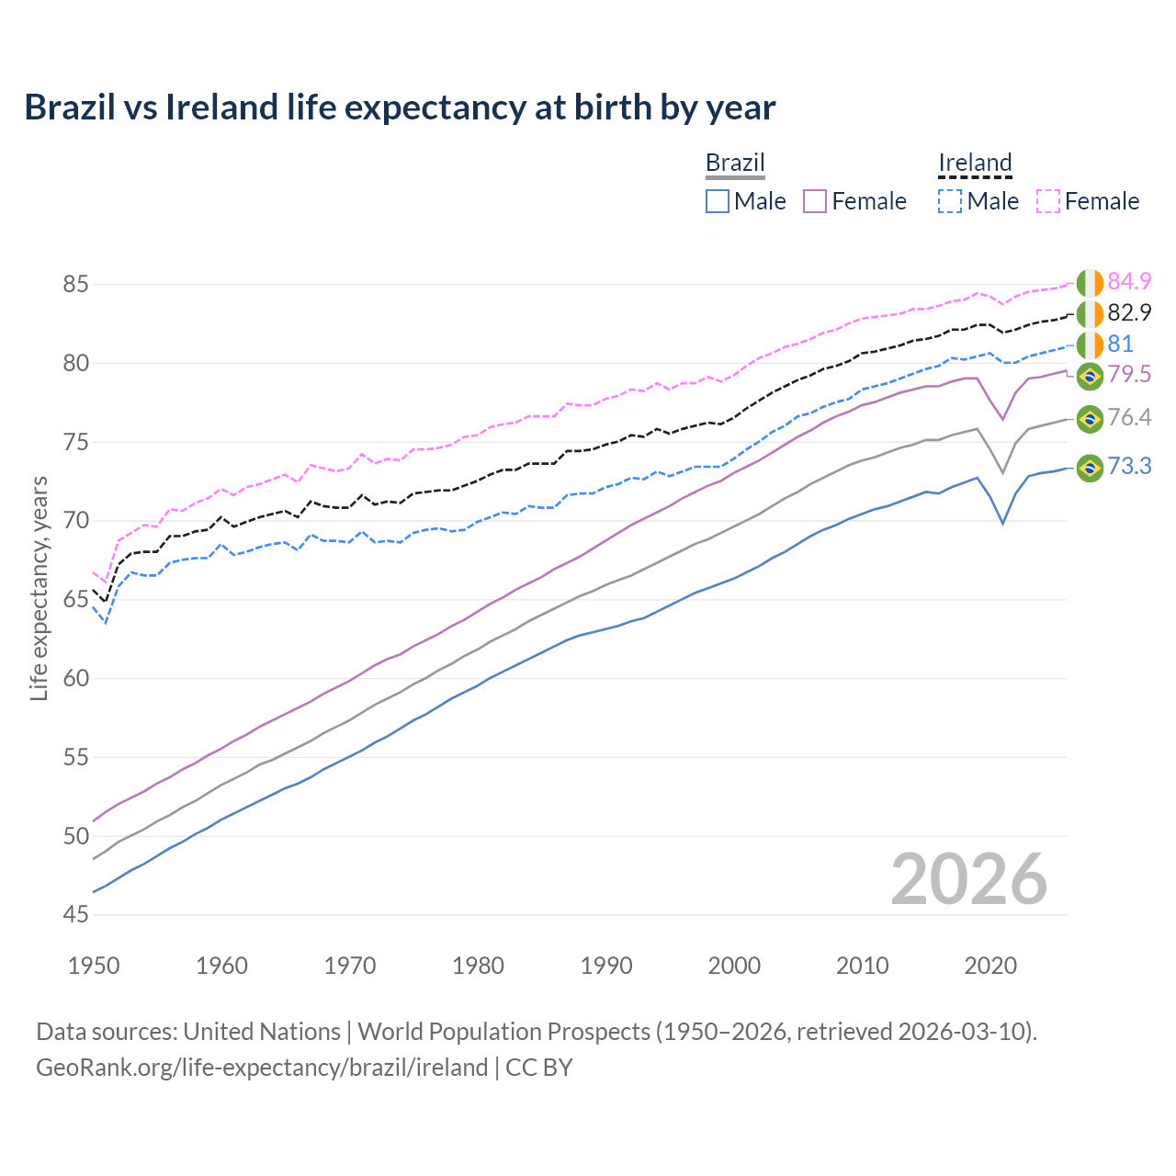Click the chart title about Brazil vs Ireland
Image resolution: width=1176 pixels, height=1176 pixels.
point(400,107)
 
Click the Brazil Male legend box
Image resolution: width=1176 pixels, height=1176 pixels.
point(718,201)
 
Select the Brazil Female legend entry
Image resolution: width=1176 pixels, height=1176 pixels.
point(854,201)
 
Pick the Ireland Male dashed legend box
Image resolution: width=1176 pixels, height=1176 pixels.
point(950,201)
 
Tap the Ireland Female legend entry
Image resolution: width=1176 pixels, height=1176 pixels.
point(1088,201)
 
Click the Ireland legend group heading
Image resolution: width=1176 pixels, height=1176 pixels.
point(975,163)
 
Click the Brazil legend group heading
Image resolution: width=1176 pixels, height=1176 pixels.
point(735,163)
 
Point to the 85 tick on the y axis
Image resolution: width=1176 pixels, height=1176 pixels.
point(75,285)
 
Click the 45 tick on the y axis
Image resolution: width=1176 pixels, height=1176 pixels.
point(75,915)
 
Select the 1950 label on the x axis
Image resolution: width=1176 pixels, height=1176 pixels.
point(94,966)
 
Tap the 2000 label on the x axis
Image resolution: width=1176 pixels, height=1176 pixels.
point(735,966)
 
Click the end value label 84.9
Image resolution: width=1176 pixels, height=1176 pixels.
point(1129,281)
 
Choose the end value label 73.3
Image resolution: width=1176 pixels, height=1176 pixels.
point(1129,467)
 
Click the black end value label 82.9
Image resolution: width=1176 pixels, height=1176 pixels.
point(1129,312)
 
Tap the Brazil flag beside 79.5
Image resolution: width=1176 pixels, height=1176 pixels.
point(1090,375)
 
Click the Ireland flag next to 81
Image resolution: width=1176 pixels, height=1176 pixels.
point(1090,345)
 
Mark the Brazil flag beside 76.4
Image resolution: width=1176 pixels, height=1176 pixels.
point(1090,418)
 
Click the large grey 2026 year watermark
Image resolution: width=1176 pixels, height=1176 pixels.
point(968,880)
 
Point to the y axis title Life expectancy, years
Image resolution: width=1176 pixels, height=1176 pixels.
point(40,588)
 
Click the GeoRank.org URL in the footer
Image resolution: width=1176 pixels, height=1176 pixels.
point(262,1068)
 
